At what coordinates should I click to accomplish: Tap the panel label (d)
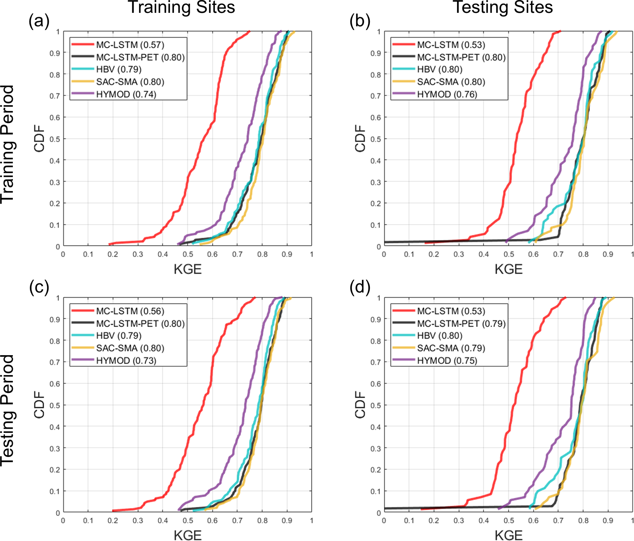click(360, 288)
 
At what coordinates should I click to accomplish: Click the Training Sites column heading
click(182, 7)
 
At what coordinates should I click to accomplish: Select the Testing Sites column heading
click(503, 7)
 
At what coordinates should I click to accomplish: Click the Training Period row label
click(7, 144)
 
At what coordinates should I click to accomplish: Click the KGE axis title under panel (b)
click(508, 269)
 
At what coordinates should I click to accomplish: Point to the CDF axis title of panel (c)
click(40, 405)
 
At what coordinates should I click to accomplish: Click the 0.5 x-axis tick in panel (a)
click(187, 254)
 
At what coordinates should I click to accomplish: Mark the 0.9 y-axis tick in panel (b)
click(376, 53)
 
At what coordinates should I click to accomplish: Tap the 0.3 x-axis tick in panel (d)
click(459, 520)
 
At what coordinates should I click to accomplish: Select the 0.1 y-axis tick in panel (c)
click(55, 491)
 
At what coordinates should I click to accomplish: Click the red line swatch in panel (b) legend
click(404, 44)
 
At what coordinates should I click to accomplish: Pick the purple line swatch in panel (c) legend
click(83, 360)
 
